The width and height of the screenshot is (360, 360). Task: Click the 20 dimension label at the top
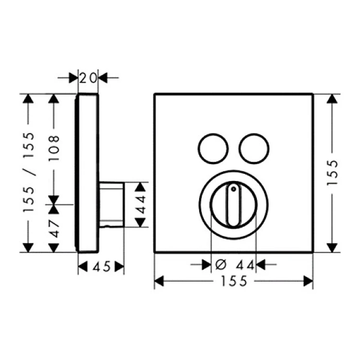coord(88,78)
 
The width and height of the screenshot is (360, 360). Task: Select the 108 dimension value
coord(54,148)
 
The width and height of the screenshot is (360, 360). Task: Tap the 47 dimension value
coord(54,228)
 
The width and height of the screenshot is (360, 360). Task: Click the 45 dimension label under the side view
coord(101,267)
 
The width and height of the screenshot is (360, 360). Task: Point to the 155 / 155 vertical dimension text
coord(29,173)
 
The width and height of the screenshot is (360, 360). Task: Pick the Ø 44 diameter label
coord(235,265)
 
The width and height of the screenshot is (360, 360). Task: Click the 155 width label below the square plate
coord(234,281)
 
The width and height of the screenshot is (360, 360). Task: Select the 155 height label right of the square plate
coord(332,173)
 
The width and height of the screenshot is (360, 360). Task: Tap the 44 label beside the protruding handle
coord(140,204)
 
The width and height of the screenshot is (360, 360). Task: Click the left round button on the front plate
coord(213,148)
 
